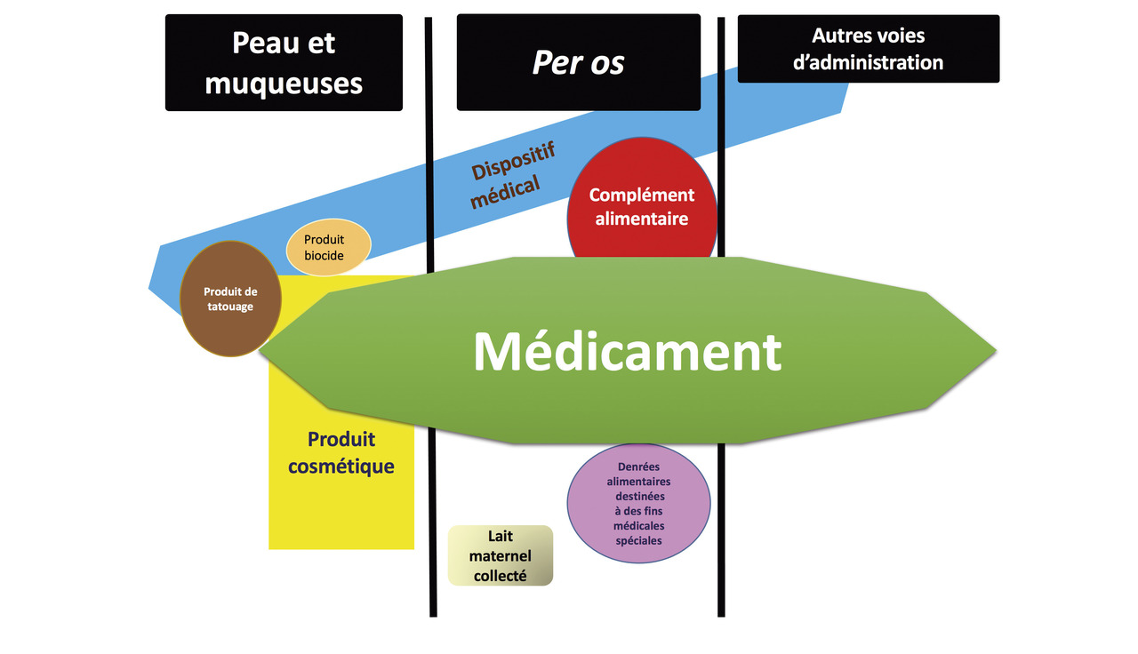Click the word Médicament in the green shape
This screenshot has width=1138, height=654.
coord(627,352)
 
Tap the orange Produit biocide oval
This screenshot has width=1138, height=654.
coord(327,247)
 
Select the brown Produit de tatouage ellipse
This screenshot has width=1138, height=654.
coord(228,299)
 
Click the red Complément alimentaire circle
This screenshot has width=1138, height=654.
coord(642,206)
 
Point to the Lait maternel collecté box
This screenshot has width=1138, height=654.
coord(501,556)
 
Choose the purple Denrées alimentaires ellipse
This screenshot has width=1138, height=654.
coord(638,503)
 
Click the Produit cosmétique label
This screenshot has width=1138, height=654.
coord(341,452)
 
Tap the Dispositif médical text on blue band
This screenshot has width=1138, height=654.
coord(510,173)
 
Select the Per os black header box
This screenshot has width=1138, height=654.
coord(578,62)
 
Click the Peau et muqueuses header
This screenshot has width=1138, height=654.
coord(284,62)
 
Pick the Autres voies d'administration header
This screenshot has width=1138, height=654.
coord(868,49)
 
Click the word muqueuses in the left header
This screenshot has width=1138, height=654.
coord(284,83)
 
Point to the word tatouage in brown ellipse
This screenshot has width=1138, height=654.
coord(230,307)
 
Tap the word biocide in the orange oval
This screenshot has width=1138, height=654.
coord(324,256)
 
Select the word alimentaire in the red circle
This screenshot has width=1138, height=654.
coord(642,219)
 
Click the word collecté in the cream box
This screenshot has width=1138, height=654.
coord(501,576)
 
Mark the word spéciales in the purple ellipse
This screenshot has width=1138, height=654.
coord(638,540)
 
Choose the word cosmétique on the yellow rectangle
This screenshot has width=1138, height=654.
coord(341,466)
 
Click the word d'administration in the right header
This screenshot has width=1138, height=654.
coord(868,62)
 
